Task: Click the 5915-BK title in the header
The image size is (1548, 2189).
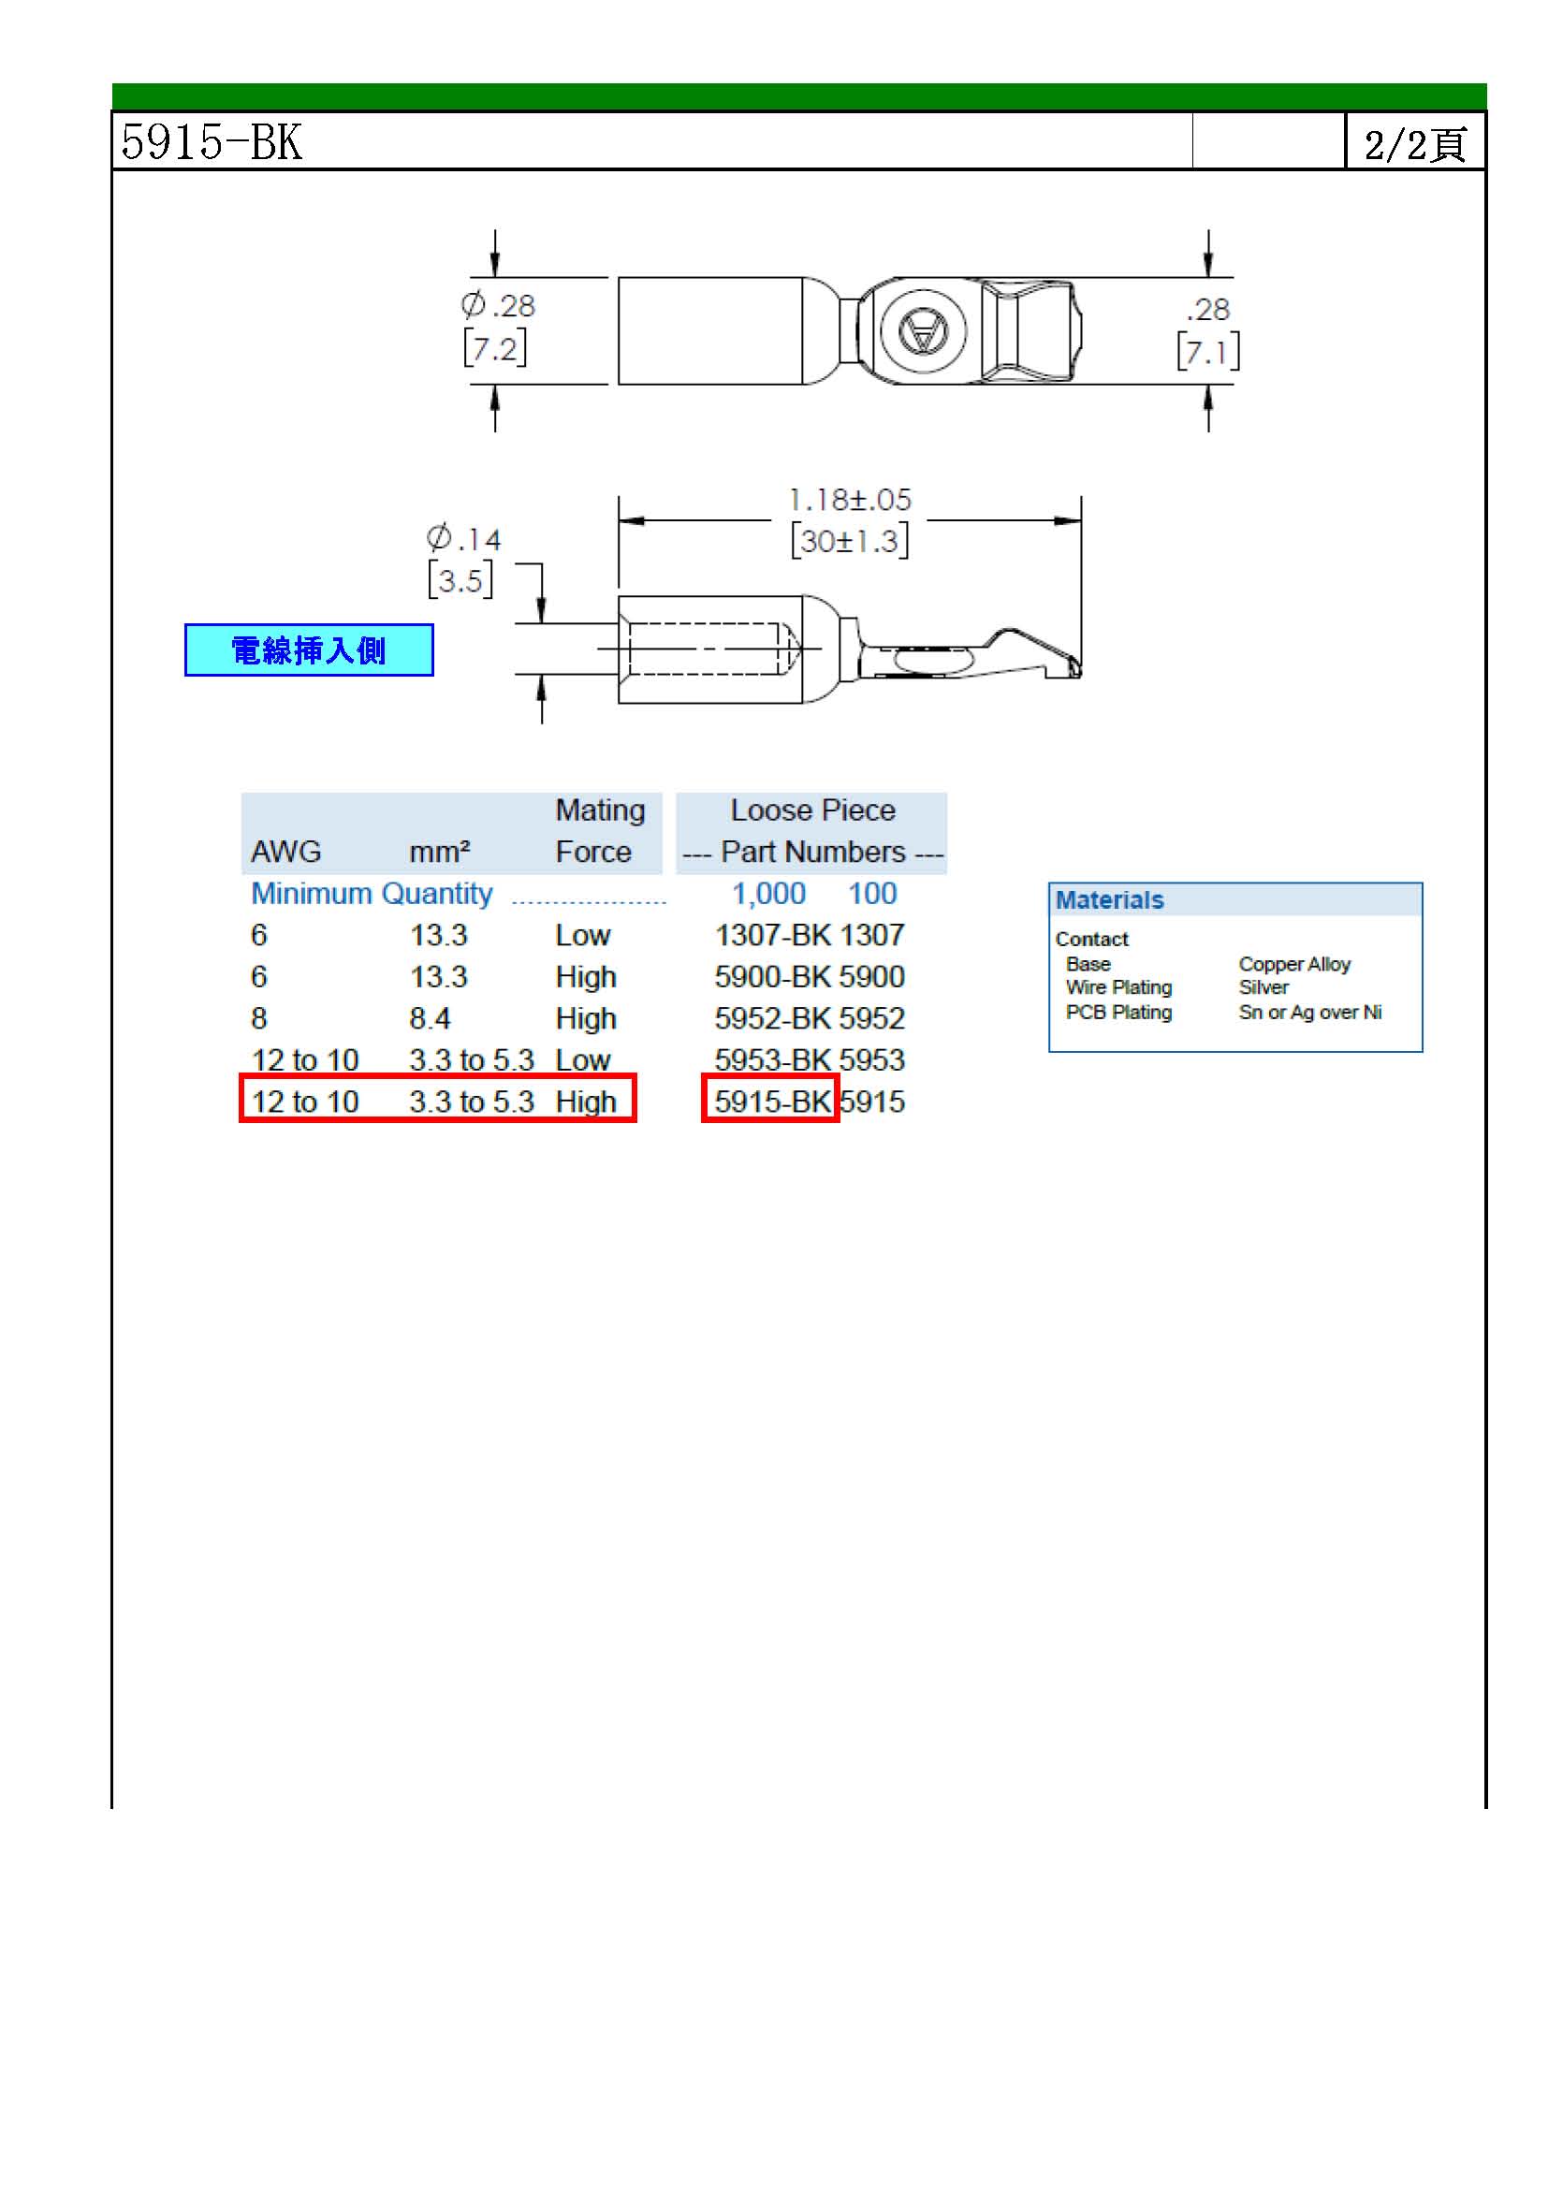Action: (x=212, y=142)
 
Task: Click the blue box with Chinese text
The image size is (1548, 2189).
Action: (x=309, y=650)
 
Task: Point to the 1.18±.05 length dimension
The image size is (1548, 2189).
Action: (x=849, y=500)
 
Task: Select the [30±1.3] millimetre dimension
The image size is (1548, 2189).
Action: (x=849, y=541)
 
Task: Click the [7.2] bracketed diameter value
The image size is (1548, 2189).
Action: (x=495, y=347)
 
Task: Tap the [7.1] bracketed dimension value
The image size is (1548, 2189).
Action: (x=1207, y=351)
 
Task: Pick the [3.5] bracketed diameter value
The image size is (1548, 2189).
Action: (x=460, y=579)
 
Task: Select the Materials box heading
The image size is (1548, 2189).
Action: (x=1110, y=900)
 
